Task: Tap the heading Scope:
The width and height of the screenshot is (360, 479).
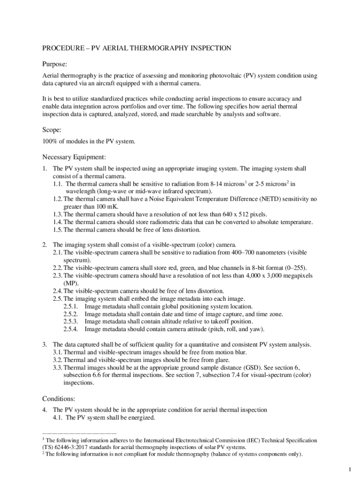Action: (x=52, y=130)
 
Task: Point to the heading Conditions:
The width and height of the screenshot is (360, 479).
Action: (x=59, y=399)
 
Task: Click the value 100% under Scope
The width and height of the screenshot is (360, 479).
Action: (x=50, y=141)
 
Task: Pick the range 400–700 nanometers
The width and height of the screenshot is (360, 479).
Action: (x=259, y=252)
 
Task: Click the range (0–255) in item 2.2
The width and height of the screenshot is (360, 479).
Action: (x=294, y=268)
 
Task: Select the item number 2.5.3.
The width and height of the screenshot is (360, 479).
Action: (x=72, y=321)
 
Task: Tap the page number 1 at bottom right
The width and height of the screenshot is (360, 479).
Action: (x=349, y=469)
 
